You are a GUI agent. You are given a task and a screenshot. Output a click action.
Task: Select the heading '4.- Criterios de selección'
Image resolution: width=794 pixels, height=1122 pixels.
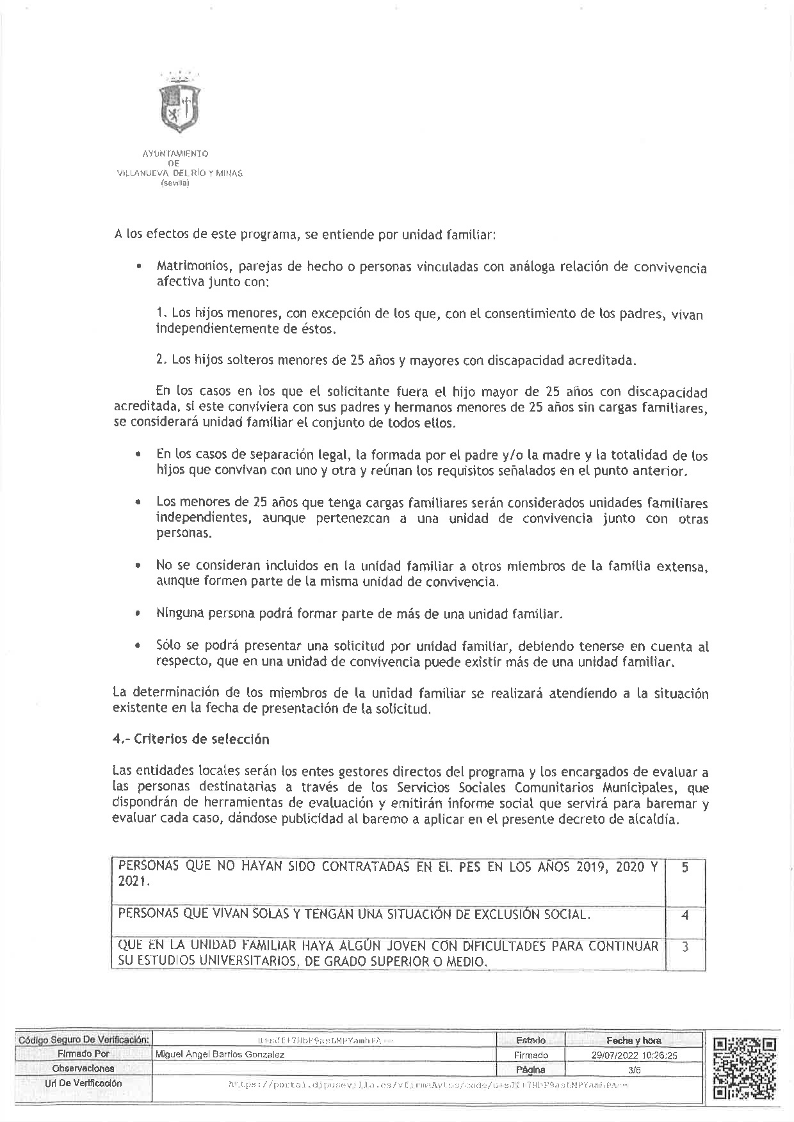(191, 739)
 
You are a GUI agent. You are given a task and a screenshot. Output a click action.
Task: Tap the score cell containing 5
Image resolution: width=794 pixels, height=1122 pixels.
(685, 868)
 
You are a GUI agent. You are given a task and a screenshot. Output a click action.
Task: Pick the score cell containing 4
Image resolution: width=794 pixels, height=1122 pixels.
(685, 915)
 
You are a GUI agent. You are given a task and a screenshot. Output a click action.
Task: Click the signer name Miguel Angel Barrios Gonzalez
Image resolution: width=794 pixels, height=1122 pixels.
(220, 1054)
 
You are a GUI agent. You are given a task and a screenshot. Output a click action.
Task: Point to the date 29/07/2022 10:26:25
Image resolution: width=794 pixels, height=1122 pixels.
(635, 1055)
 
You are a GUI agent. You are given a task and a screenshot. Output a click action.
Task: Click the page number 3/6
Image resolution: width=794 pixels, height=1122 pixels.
(635, 1069)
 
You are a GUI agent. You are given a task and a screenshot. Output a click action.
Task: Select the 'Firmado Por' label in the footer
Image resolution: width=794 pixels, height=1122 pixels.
(83, 1054)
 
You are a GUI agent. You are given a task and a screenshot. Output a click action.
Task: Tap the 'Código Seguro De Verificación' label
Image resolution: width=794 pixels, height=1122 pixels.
(84, 1040)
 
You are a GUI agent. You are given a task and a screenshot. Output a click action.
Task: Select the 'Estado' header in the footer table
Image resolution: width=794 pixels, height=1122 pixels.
(530, 1040)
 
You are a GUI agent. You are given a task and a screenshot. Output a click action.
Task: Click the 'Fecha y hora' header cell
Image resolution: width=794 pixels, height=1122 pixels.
(635, 1040)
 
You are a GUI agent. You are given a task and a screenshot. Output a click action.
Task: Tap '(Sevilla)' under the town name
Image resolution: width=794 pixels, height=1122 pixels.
(175, 183)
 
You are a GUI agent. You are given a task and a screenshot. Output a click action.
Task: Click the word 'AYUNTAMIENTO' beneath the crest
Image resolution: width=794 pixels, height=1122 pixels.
(175, 154)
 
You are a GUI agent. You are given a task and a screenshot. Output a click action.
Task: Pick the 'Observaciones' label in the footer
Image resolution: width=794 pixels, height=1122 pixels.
(83, 1068)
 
